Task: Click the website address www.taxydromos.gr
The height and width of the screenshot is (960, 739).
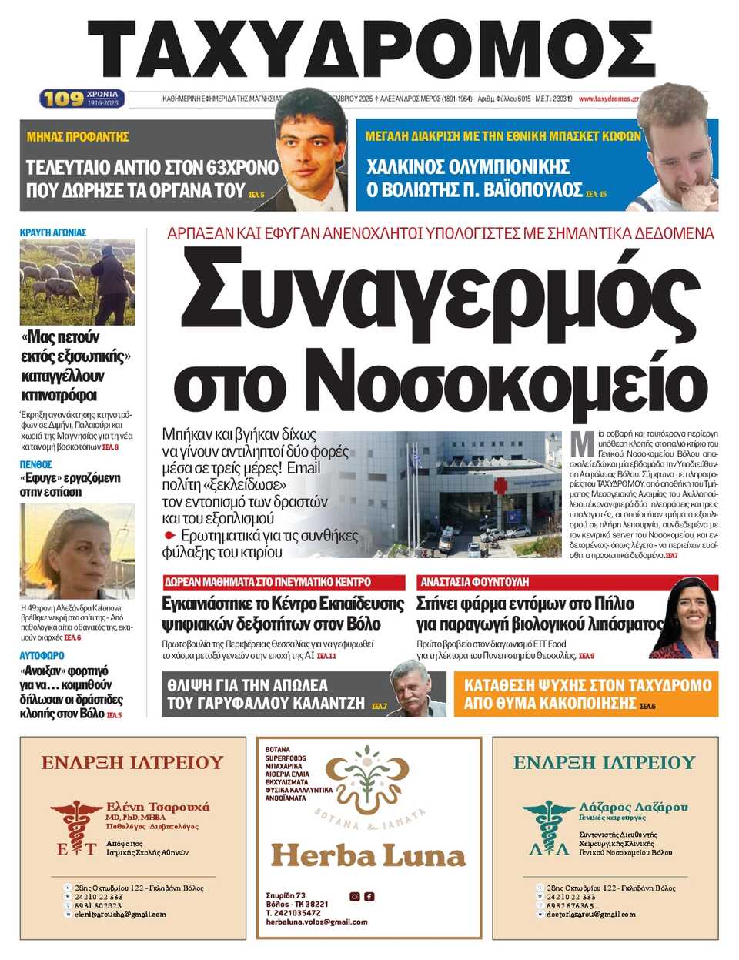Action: pyautogui.click(x=608, y=99)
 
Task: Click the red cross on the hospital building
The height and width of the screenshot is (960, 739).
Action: pyautogui.click(x=501, y=487)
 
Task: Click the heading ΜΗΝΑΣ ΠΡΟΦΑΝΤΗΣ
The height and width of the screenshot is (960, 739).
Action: pyautogui.click(x=78, y=137)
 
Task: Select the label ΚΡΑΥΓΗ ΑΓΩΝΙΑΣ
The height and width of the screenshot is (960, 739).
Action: pyautogui.click(x=53, y=232)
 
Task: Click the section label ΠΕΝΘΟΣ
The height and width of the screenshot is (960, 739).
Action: pyautogui.click(x=36, y=465)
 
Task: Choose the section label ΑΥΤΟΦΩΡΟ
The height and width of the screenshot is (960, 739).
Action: pyautogui.click(x=42, y=656)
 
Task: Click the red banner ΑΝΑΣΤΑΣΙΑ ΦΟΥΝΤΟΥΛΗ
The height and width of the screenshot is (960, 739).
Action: pyautogui.click(x=474, y=582)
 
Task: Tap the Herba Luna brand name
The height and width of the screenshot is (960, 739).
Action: pyautogui.click(x=368, y=855)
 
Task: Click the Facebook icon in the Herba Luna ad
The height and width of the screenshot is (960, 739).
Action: pyautogui.click(x=369, y=896)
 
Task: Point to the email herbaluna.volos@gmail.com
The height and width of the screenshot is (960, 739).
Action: pyautogui.click(x=316, y=922)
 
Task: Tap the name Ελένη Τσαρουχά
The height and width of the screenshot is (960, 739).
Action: pyautogui.click(x=157, y=807)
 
